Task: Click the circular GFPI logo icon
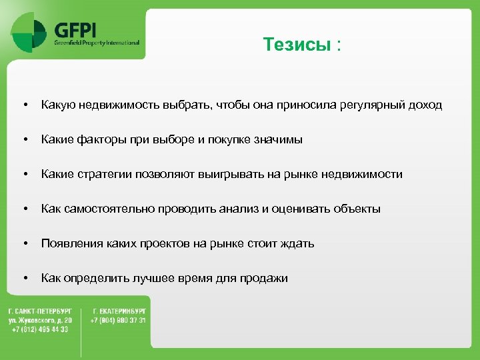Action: coord(30,31)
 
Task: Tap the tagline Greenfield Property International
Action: coord(97,43)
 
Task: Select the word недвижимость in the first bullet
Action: coord(118,105)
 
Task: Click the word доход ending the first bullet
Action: coord(425,105)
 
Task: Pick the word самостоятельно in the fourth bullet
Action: coord(108,209)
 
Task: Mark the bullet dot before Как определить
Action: coord(25,278)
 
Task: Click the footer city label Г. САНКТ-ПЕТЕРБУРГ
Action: coord(40,311)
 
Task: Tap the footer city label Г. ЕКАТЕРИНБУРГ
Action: coord(120,311)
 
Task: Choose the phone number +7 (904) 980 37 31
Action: coord(118,320)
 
